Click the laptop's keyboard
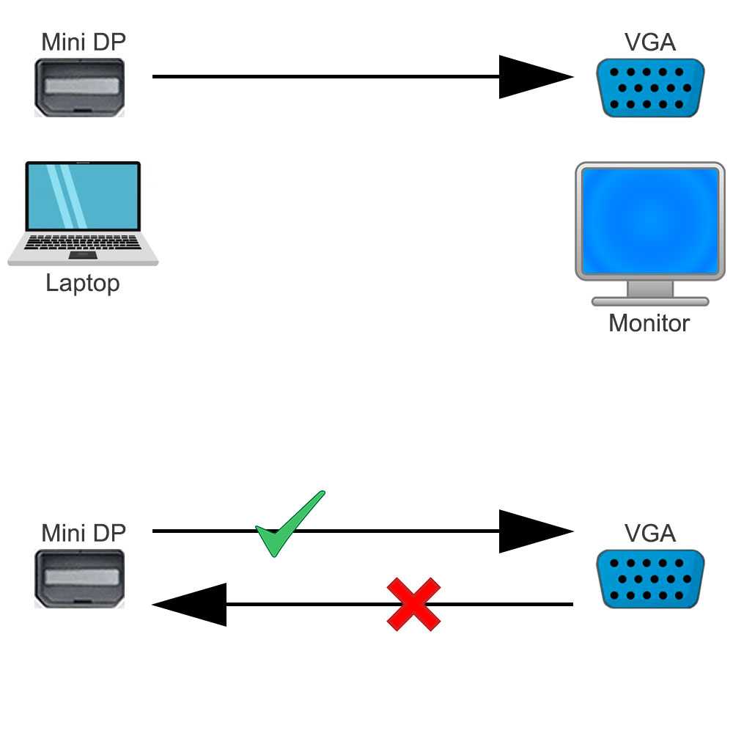83,242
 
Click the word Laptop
82,283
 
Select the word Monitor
649,323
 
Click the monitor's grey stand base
649,301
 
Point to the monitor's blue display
649,221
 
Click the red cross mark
413,604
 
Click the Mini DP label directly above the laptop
83,42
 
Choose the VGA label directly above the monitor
650,42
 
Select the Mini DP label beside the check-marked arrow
83,533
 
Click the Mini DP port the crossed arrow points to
80,579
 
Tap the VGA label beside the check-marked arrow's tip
650,533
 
